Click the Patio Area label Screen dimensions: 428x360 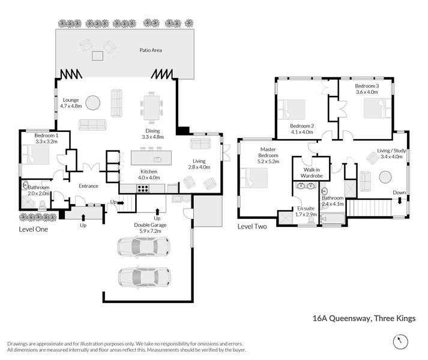[x=151, y=50]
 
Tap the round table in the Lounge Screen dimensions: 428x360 [x=93, y=103]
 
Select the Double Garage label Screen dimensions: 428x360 [x=150, y=225]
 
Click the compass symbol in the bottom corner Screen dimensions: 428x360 [x=400, y=341]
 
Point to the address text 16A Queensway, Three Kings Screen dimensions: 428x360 [x=364, y=319]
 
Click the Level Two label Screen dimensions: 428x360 [x=252, y=227]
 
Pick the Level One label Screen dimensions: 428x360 [x=33, y=229]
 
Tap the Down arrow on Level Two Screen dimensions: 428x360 [x=400, y=201]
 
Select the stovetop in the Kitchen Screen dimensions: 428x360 [x=143, y=188]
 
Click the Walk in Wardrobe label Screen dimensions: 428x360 [x=312, y=173]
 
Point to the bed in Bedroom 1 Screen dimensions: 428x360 [x=35, y=154]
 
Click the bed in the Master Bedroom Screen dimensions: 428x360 [x=254, y=178]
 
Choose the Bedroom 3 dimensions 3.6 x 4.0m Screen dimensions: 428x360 [x=367, y=92]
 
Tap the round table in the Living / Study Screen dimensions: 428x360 [x=385, y=177]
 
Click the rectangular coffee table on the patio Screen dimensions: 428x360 [x=97, y=56]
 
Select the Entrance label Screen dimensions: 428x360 [x=88, y=186]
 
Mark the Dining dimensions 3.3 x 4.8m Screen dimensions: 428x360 [x=152, y=137]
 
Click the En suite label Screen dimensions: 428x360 [x=306, y=209]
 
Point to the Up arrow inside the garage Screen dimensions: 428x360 [x=157, y=212]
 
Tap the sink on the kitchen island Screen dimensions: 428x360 [x=157, y=159]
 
